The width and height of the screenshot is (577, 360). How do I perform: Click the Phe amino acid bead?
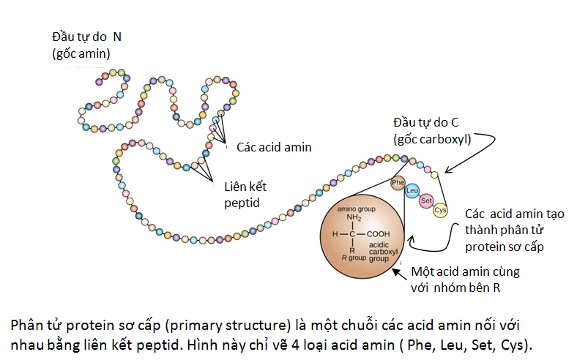tap(398, 183)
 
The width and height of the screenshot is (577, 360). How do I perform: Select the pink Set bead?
tap(426, 201)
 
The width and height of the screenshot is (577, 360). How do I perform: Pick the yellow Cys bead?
tap(440, 210)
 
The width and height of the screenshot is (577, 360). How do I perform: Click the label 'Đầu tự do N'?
tap(86, 37)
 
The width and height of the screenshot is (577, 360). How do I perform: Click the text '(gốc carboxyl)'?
tap(432, 139)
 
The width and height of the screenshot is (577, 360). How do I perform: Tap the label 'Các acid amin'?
tap(274, 147)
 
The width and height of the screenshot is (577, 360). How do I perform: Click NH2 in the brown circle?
tap(354, 217)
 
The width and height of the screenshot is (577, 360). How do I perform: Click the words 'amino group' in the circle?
tap(356, 209)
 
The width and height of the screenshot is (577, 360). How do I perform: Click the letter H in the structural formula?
tap(335, 234)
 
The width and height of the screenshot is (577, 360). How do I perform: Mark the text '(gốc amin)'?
tap(81, 53)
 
